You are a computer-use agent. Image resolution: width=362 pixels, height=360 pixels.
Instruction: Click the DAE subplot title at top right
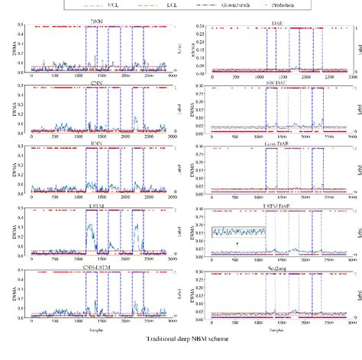275,23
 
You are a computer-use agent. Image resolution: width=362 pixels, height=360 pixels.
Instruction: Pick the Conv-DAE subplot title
275,142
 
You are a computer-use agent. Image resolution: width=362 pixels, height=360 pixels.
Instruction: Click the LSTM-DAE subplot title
275,201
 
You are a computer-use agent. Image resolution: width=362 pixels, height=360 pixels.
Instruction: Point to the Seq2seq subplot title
275,261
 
